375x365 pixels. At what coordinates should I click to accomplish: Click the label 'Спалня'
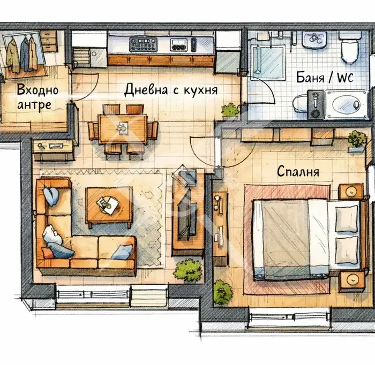298,171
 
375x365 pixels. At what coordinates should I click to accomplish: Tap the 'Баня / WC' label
325,78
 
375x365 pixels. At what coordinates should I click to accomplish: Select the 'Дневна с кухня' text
171,90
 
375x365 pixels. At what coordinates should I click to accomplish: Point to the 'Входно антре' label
37,97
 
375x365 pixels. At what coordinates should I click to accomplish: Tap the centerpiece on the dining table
123,127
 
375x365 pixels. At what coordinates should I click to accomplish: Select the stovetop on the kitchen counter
143,44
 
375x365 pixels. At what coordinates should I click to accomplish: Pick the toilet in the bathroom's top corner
350,47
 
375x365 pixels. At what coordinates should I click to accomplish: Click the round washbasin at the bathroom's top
314,40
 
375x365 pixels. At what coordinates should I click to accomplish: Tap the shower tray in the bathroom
268,63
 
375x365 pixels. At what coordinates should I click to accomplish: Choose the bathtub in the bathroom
346,104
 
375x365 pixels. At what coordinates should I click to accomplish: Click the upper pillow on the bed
346,219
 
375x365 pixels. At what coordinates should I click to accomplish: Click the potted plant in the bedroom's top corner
357,141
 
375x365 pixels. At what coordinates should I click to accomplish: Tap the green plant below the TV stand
188,271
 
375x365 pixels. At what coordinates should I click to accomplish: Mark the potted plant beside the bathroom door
230,112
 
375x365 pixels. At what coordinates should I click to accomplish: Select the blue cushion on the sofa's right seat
122,252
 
